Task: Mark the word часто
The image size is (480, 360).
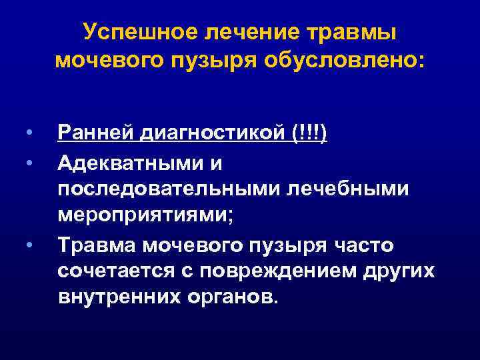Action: click(365, 247)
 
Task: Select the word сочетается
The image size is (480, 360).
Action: click(118, 273)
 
